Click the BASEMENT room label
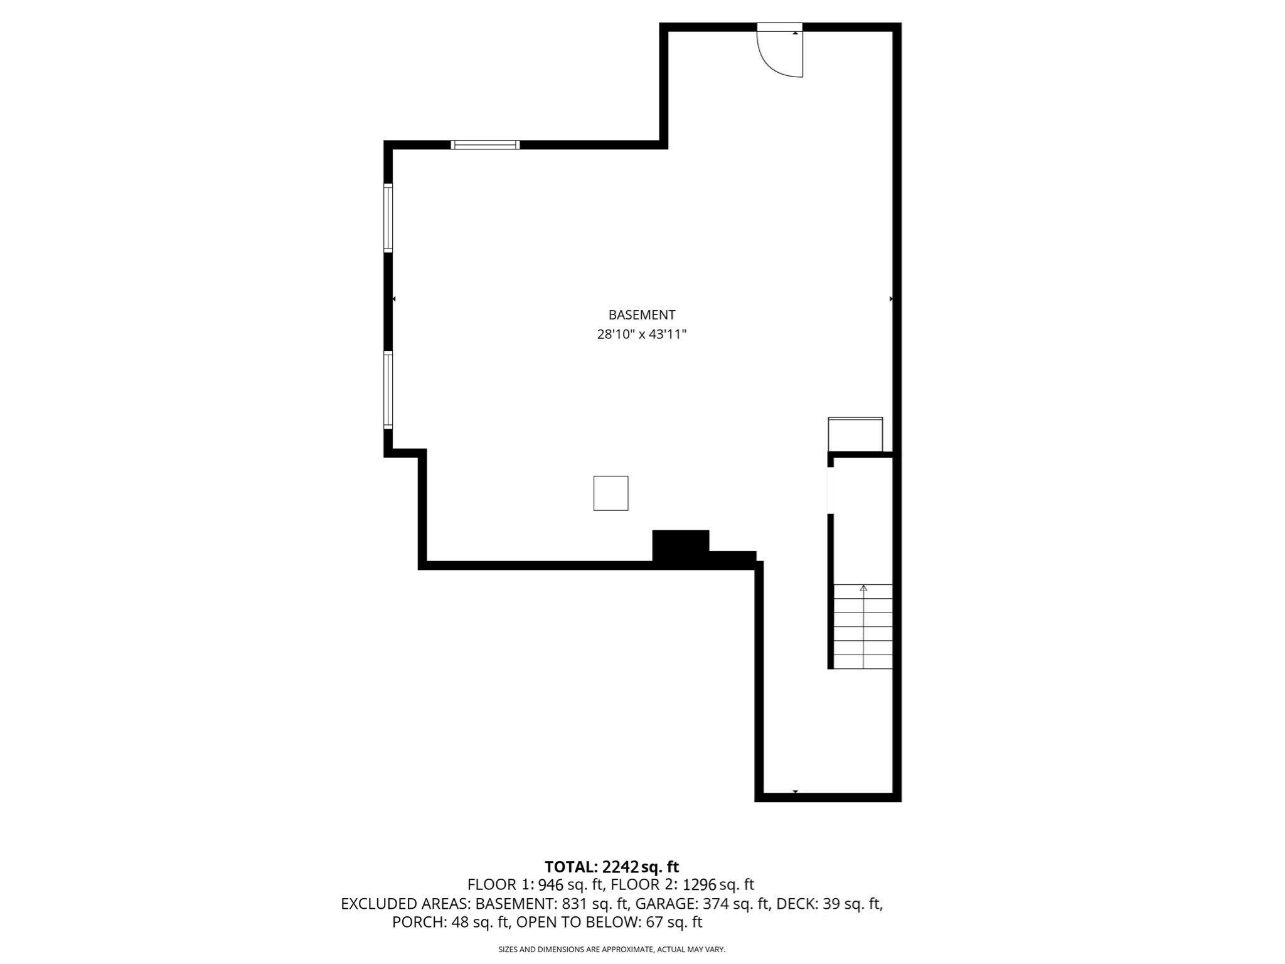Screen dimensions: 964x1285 coord(641,314)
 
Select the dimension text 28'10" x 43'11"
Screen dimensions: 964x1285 coord(641,335)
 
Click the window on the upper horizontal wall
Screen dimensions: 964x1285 coord(485,145)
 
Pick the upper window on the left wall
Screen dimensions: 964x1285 coord(388,218)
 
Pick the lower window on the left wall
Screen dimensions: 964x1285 coord(388,390)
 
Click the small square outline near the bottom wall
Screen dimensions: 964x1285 coord(611,493)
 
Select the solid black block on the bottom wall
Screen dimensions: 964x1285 coord(681,546)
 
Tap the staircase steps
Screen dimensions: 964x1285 coord(863,628)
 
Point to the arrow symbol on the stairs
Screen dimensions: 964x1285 coord(863,589)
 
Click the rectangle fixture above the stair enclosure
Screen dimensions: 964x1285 coord(855,434)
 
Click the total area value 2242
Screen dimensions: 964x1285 coord(620,867)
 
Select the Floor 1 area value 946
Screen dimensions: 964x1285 coord(550,885)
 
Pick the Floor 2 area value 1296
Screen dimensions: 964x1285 coord(699,885)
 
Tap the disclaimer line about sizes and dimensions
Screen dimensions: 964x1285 coord(611,950)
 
